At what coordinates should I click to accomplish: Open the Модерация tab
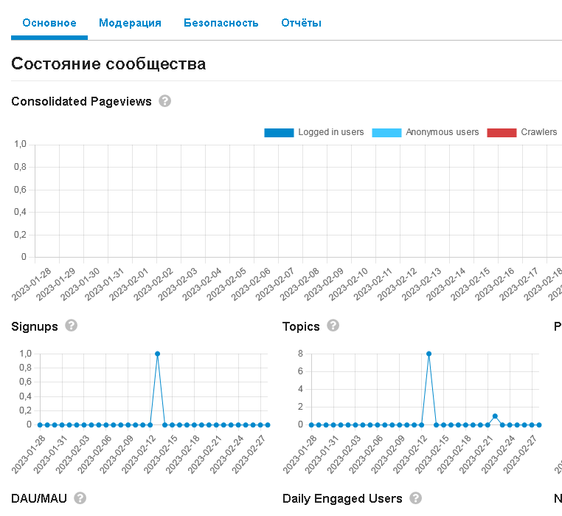[130, 23]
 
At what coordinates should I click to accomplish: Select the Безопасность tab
[221, 23]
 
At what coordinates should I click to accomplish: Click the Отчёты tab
[301, 23]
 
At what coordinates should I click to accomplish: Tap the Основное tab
[49, 23]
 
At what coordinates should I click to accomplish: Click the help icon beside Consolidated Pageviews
[165, 101]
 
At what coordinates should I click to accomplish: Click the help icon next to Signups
[71, 326]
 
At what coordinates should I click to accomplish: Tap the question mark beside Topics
[333, 326]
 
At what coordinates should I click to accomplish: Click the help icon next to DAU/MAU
[80, 498]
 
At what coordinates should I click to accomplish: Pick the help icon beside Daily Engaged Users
[415, 498]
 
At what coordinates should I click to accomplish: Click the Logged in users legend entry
[314, 132]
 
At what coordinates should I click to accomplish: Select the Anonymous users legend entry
[426, 132]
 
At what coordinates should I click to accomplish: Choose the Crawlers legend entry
[522, 132]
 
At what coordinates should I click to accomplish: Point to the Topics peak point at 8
[429, 354]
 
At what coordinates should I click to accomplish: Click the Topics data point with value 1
[495, 416]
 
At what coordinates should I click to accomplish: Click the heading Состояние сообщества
[108, 64]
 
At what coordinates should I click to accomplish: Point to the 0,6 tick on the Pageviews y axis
[20, 190]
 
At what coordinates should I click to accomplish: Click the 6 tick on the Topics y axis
[300, 371]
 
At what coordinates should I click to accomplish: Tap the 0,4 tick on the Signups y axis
[26, 396]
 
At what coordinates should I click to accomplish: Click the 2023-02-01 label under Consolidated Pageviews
[129, 284]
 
